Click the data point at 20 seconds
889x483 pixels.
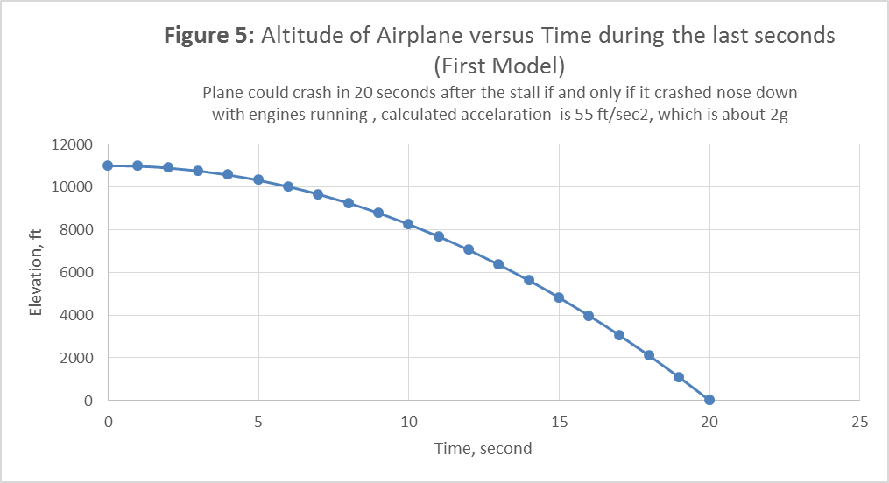pos(709,400)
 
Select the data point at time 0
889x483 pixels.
pos(108,165)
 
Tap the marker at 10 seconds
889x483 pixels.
pos(408,224)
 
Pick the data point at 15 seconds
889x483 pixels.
pos(559,297)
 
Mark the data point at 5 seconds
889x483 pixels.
pos(258,179)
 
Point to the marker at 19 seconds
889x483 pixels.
pos(679,377)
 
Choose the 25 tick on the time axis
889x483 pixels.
pos(859,422)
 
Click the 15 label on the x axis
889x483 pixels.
pos(559,422)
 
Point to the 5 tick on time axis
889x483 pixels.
pos(258,422)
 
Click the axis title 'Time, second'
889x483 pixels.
pos(483,449)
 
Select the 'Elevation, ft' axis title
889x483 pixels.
pos(38,272)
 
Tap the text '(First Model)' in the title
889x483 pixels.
pos(499,65)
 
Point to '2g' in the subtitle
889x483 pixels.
pos(780,115)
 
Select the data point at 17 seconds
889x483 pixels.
pos(619,335)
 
